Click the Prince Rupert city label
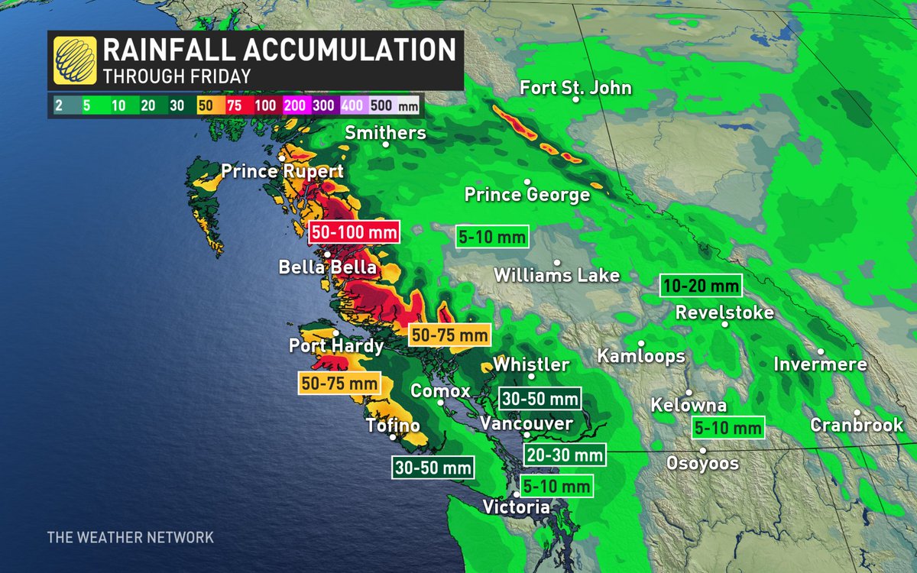tap(282, 172)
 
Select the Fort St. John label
tap(575, 88)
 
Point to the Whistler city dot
tap(532, 377)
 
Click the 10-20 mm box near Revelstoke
tap(701, 286)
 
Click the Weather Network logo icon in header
tap(74, 60)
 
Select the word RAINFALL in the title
tap(174, 51)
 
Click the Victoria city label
tap(516, 507)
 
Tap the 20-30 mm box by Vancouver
tap(564, 455)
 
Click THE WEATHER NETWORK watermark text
tap(130, 538)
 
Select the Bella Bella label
tap(327, 267)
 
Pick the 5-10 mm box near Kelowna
tap(728, 428)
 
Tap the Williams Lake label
tap(557, 275)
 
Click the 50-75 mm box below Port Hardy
tap(339, 382)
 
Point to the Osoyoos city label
tap(702, 463)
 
